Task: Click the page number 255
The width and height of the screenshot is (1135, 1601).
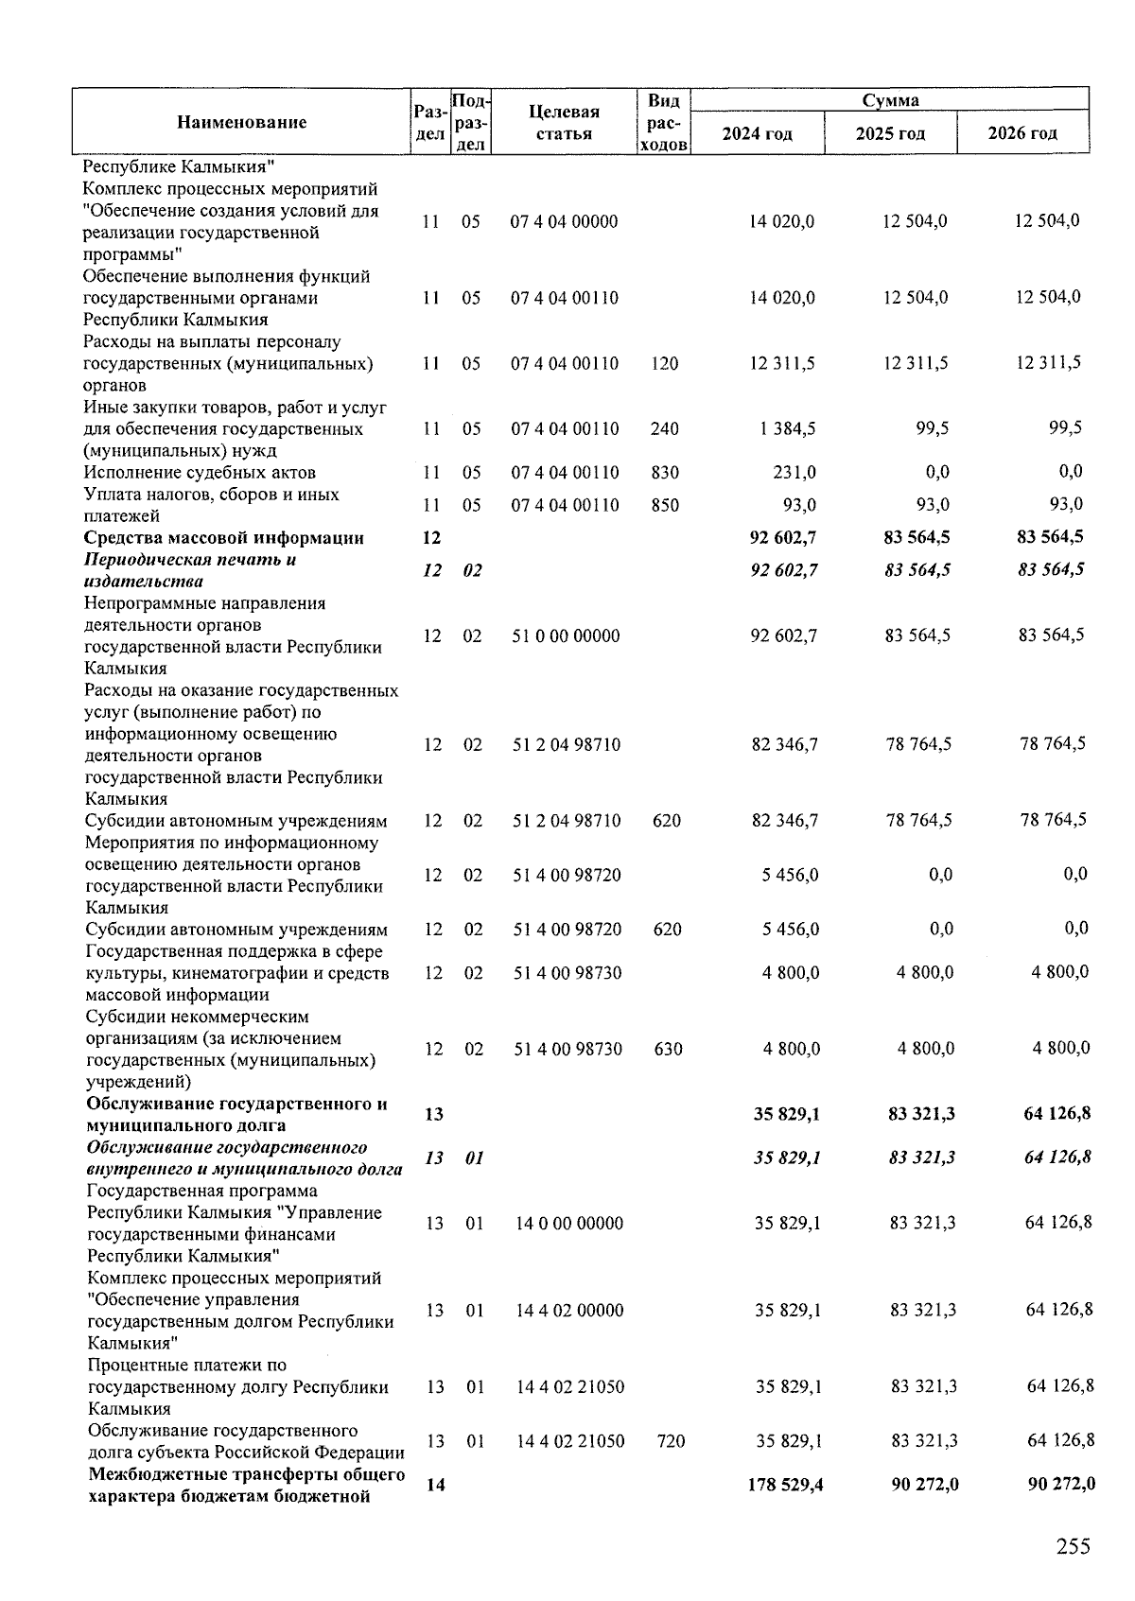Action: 1073,1546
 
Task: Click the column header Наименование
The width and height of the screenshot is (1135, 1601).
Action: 241,122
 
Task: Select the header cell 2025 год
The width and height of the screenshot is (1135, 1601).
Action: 890,133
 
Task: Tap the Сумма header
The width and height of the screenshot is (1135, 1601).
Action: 890,100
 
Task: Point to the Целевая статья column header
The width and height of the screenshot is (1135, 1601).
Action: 565,122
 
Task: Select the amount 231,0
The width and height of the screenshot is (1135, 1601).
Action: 795,472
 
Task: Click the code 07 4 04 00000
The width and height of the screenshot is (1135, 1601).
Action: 565,221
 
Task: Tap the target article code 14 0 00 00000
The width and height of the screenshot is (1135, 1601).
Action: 569,1223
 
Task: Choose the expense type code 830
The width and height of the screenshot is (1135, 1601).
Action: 665,472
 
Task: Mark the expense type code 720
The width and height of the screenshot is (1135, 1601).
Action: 670,1441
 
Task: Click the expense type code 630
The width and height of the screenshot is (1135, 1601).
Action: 668,1049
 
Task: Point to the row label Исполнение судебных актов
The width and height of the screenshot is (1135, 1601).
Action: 200,472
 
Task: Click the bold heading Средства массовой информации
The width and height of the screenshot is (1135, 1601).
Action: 224,538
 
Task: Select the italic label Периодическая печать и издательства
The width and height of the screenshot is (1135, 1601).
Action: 189,570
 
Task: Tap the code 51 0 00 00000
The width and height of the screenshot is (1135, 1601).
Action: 567,635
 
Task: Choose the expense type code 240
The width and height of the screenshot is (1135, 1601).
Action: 665,428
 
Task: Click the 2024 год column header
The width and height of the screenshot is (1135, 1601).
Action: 757,133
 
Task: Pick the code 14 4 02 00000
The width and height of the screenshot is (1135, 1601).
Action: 569,1310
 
